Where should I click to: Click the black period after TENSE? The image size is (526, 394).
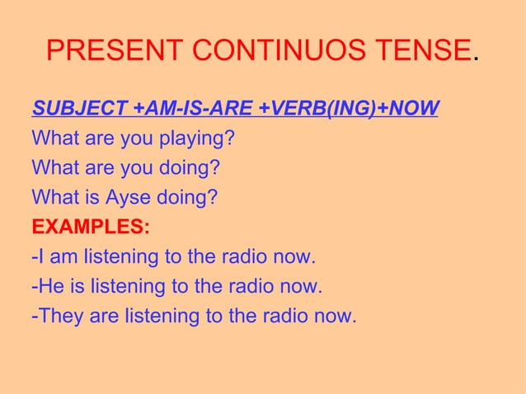point(474,59)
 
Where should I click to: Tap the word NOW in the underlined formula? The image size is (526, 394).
point(411,109)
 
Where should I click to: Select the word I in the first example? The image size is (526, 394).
point(40,257)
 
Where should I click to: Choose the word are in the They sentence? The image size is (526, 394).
point(103,316)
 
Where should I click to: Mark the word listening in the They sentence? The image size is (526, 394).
point(162,316)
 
